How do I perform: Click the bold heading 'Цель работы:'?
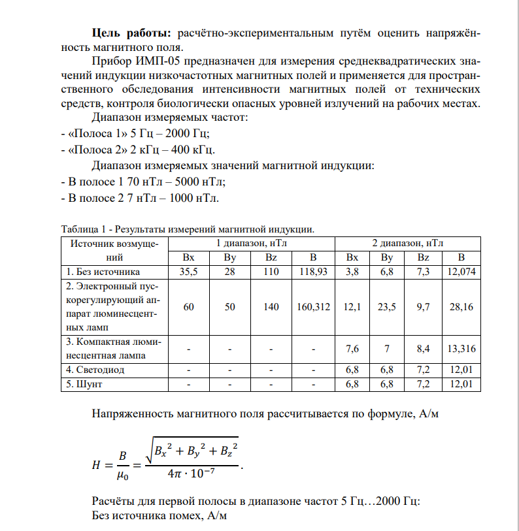131,32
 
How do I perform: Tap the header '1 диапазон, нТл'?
252,243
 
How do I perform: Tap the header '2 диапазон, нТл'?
407,243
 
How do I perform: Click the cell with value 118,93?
314,271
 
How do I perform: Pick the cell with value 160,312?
314,306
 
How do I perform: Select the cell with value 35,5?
188,271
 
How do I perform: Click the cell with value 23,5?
388,306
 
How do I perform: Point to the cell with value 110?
272,271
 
